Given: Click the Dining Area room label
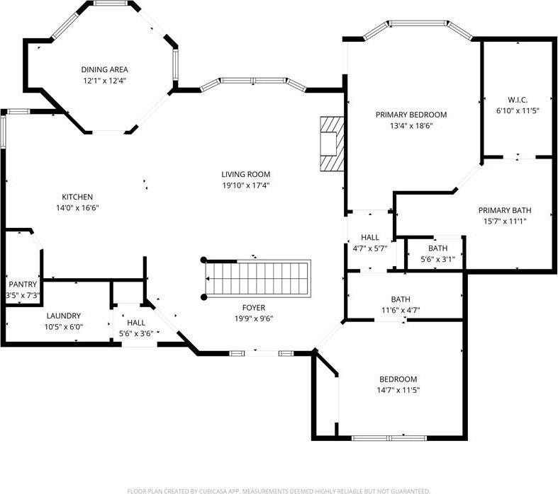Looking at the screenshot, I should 104,69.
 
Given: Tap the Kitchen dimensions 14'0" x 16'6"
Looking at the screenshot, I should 77,208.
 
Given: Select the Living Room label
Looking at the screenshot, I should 245,174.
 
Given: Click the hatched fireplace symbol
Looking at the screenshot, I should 330,144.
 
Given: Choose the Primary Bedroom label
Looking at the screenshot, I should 411,115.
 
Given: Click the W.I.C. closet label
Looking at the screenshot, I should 518,100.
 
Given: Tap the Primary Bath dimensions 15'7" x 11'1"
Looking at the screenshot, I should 504,221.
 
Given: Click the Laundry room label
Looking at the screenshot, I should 64,316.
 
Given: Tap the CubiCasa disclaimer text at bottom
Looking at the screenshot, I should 278,490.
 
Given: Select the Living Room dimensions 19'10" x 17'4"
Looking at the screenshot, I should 245,185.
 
